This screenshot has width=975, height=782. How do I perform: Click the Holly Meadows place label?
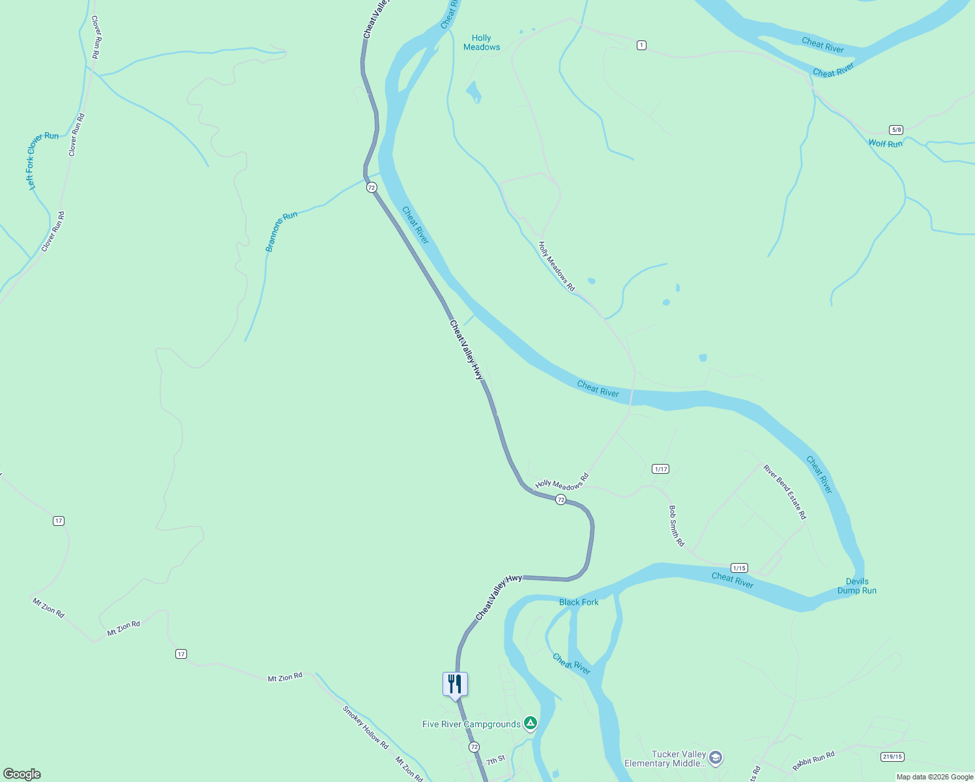(x=482, y=42)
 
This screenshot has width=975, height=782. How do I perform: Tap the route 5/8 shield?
(x=896, y=130)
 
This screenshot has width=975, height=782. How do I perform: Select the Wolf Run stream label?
(x=885, y=143)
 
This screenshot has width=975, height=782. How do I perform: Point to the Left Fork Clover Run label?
(x=41, y=160)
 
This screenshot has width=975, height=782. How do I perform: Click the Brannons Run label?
(x=281, y=231)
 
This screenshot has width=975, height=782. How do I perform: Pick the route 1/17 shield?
(x=660, y=469)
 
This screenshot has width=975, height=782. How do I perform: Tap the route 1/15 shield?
(x=738, y=568)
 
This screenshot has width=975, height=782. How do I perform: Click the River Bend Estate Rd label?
(x=785, y=492)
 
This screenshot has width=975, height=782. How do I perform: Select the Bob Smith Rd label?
(x=676, y=525)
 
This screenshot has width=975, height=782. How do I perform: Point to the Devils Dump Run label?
(x=856, y=586)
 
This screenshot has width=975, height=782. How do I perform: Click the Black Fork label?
(x=578, y=602)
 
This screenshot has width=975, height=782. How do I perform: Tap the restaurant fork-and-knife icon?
(x=455, y=684)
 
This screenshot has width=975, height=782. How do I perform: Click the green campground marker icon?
(x=531, y=723)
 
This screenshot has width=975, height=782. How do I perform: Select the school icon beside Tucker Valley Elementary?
(x=716, y=758)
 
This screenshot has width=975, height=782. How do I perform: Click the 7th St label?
(x=495, y=760)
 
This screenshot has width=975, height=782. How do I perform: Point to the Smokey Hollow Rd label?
(x=366, y=727)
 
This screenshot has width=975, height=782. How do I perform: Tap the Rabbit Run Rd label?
(x=813, y=761)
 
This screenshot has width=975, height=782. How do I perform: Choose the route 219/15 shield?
(x=892, y=757)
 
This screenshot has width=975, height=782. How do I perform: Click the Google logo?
(x=22, y=774)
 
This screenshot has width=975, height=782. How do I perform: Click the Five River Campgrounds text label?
(x=471, y=724)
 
